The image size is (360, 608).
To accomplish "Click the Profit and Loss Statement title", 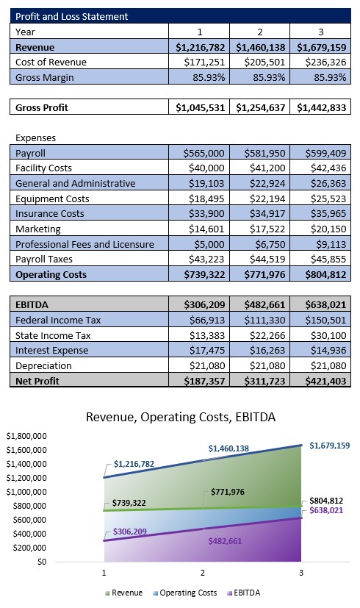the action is tap(72, 16).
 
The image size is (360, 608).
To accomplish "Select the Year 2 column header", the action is tap(259, 32).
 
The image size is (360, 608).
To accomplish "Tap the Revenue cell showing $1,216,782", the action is tap(201, 47).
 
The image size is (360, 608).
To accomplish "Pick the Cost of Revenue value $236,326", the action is tap(325, 62).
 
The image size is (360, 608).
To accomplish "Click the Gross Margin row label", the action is tap(45, 77).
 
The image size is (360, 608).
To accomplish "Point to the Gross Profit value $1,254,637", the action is tap(260, 107).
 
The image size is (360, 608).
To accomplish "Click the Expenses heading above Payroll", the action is tap(36, 138).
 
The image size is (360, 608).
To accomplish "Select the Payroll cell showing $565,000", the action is tap(204, 153).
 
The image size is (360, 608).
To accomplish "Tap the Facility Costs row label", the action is tap(44, 168).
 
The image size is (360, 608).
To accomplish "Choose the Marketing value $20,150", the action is tap(328, 229).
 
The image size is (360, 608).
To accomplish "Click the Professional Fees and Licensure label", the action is tap(85, 244).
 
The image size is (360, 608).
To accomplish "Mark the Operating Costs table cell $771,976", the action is tap(264, 274).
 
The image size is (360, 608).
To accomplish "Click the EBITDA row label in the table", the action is tap(32, 305).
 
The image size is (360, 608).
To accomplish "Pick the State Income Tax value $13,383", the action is tap(207, 335).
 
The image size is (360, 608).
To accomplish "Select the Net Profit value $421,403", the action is tap(325, 381).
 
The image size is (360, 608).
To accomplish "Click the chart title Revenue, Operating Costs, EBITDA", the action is tap(181, 417).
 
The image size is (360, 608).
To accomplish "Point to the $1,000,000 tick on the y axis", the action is tap(26, 492).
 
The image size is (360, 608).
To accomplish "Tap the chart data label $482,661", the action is tap(225, 541).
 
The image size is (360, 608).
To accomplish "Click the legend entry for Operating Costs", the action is tap(185, 593).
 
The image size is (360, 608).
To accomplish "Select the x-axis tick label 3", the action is tap(301, 573).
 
